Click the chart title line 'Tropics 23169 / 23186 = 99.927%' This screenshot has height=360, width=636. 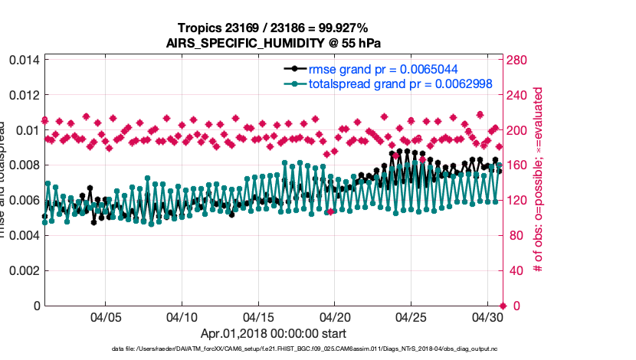pyautogui.click(x=273, y=29)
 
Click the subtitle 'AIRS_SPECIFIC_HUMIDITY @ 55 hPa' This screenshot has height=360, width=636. pyautogui.click(x=273, y=44)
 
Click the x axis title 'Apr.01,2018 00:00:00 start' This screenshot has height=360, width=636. pyautogui.click(x=273, y=333)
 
